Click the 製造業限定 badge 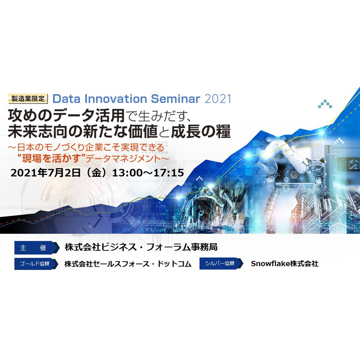28,99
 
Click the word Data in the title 67,99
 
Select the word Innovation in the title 116,99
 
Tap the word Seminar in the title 176,99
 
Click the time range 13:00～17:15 148,173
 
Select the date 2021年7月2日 45,173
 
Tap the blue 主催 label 37,248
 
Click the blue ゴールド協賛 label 36,264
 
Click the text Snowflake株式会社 284,264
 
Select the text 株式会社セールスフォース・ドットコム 128,264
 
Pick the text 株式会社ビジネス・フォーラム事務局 141,247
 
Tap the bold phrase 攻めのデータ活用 66,116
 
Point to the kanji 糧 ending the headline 223,131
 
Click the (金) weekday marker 96,173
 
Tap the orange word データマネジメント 127,159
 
